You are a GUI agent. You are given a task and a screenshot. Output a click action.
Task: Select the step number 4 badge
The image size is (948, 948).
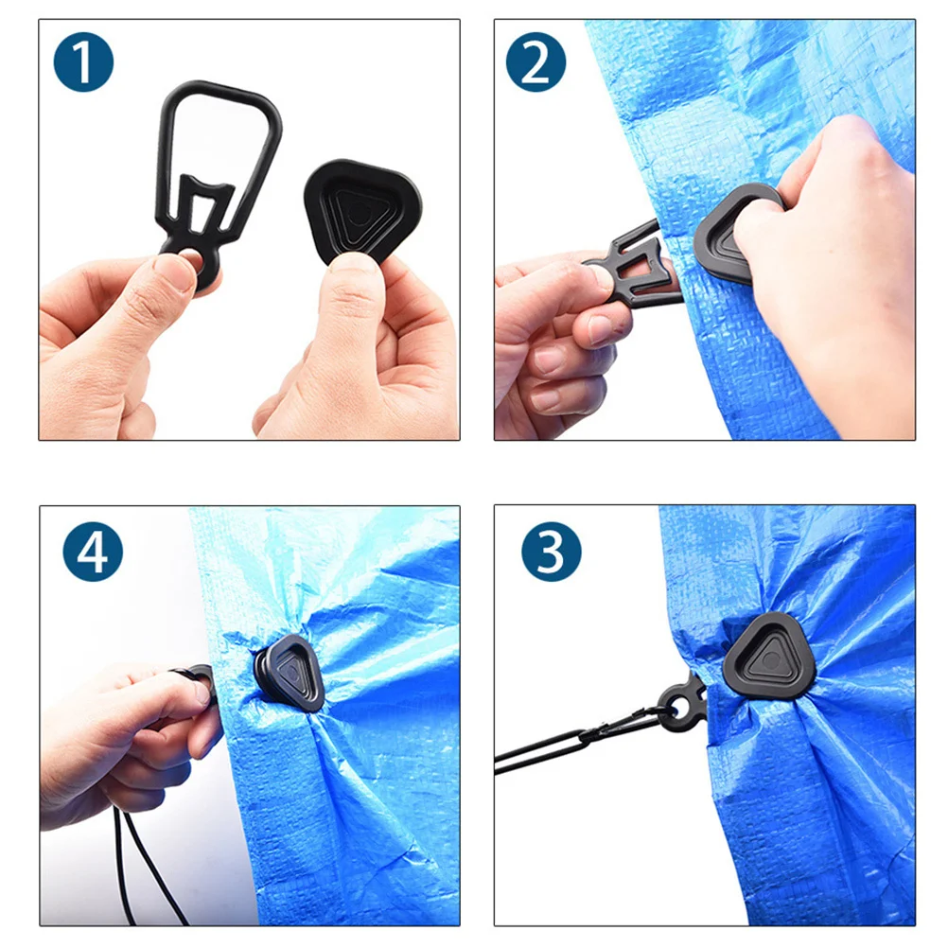click(93, 551)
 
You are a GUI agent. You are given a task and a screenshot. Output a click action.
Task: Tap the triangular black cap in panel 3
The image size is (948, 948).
click(768, 658)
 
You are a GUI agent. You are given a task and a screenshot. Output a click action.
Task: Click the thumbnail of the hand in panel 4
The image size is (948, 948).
click(202, 689)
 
